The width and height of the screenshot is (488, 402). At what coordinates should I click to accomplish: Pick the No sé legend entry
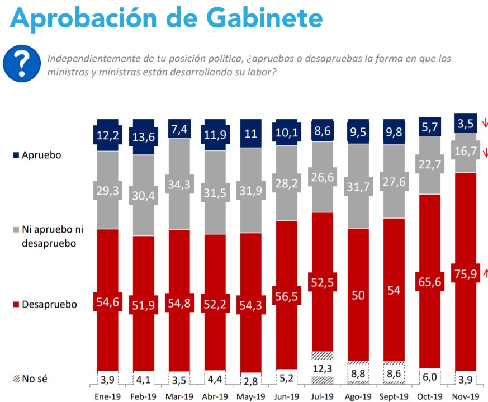coord(34,379)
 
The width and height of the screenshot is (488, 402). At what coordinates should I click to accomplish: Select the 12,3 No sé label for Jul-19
coord(322,369)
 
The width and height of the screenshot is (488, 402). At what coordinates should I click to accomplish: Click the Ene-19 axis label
coord(107,396)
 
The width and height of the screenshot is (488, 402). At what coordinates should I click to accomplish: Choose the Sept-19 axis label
coord(394,396)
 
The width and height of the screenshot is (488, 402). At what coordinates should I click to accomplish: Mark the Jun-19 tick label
coord(286,396)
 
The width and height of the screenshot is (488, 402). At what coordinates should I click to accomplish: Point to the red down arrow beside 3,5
coord(484,123)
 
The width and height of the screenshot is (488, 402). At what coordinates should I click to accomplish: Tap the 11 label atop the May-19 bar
coord(250,134)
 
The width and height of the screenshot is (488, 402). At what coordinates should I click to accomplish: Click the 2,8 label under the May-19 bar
coord(250,382)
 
